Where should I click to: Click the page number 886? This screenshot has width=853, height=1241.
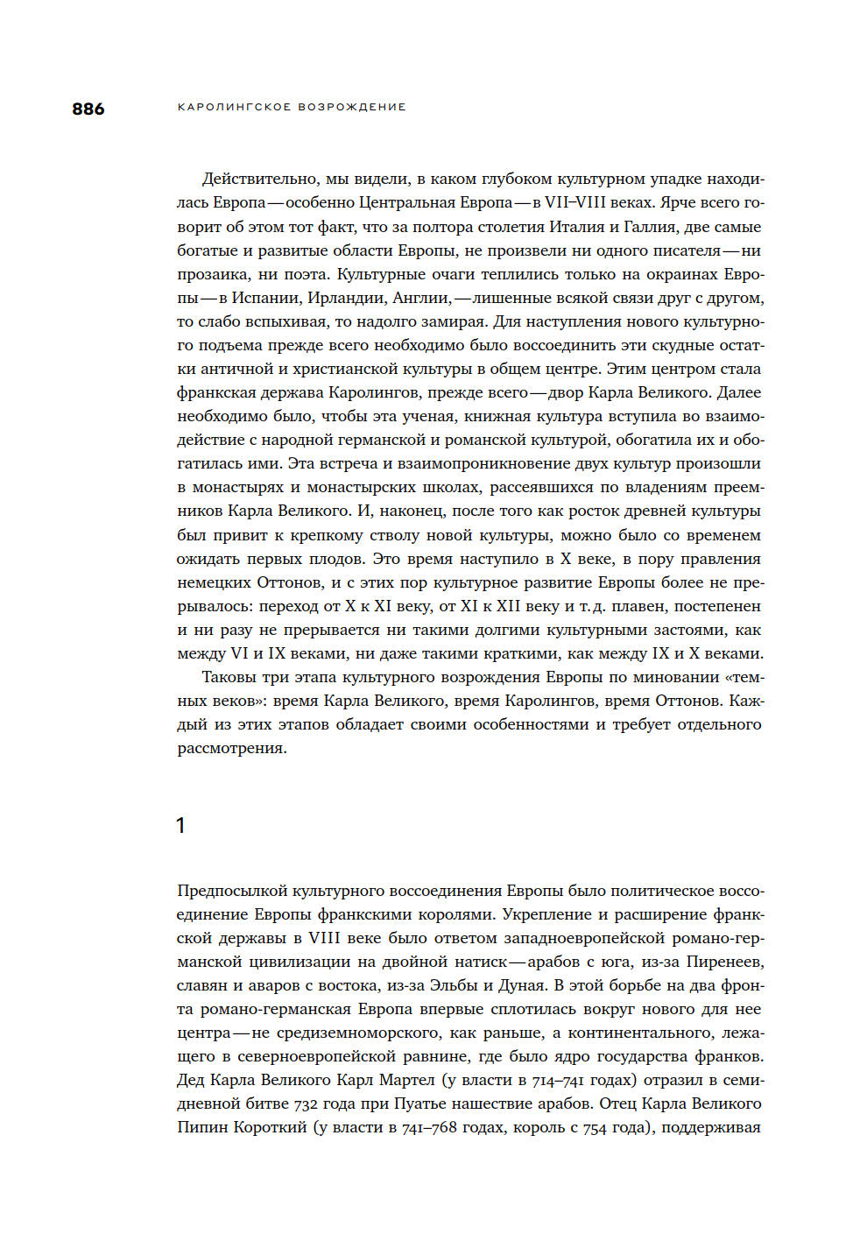[88, 109]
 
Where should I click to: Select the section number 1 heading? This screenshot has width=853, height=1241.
[180, 825]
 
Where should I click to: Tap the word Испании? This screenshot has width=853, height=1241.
[265, 298]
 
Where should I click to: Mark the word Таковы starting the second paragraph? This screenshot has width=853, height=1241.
[230, 677]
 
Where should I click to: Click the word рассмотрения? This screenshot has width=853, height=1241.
[232, 748]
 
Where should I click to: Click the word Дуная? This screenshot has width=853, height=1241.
[522, 985]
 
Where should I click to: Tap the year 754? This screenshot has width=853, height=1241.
[595, 1128]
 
